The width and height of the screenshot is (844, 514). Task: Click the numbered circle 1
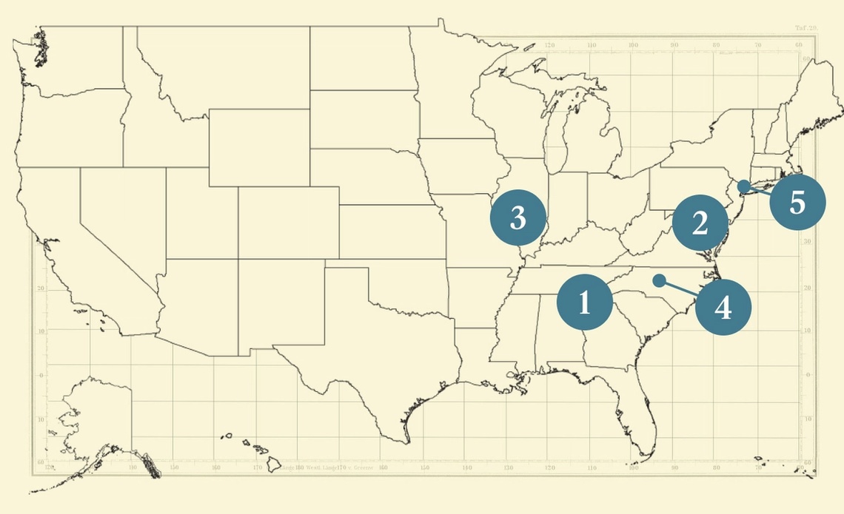[x=585, y=302]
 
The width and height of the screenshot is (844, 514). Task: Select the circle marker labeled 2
[x=700, y=223]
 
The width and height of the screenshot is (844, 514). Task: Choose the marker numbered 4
[x=723, y=307]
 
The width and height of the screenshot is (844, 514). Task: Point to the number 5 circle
[x=797, y=202]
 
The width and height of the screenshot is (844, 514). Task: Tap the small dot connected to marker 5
[x=743, y=184]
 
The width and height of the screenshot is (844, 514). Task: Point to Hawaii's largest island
[x=274, y=464]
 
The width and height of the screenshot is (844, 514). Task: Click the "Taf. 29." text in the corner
[x=806, y=28]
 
